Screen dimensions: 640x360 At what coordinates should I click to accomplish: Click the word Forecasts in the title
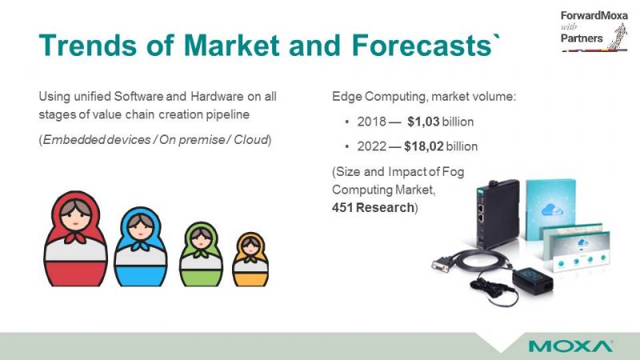pyautogui.click(x=422, y=45)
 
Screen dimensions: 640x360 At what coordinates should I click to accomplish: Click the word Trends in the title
pyautogui.click(x=88, y=45)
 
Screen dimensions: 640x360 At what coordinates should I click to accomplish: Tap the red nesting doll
pyautogui.click(x=75, y=238)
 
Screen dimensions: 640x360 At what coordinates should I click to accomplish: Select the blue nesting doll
pyautogui.click(x=141, y=246)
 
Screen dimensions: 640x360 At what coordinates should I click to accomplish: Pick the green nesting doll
pyautogui.click(x=201, y=254)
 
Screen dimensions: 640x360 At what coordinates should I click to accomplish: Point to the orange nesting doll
pyautogui.click(x=250, y=259)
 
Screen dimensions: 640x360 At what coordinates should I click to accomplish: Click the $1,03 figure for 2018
pyautogui.click(x=423, y=122)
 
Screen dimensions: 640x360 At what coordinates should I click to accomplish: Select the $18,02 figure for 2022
pyautogui.click(x=424, y=146)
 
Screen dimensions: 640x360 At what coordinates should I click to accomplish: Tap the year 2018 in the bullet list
pyautogui.click(x=371, y=122)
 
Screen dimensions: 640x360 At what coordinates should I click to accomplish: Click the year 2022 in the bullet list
pyautogui.click(x=371, y=146)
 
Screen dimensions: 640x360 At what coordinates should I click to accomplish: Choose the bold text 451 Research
pyautogui.click(x=373, y=207)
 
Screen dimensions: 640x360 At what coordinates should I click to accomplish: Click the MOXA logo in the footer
pyautogui.click(x=570, y=346)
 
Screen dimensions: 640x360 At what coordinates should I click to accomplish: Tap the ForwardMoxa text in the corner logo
pyautogui.click(x=594, y=15)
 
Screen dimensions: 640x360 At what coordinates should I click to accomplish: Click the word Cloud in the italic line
pyautogui.click(x=250, y=139)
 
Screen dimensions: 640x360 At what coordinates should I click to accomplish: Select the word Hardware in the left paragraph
pyautogui.click(x=217, y=96)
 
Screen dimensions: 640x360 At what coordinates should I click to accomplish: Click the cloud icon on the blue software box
pyautogui.click(x=552, y=210)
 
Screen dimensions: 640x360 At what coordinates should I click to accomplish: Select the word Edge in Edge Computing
pyautogui.click(x=347, y=97)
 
